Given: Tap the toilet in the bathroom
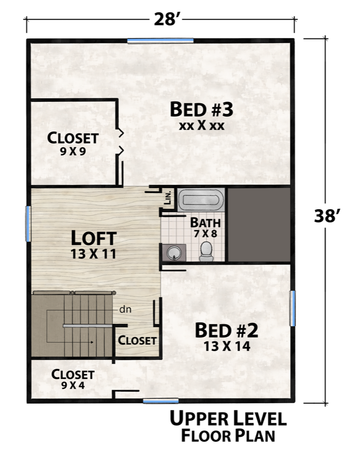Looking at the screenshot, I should pos(206,251).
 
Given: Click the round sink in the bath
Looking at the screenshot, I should pos(174,252).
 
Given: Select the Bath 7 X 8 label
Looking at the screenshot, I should pos(205,227).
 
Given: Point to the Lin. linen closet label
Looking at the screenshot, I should pos(168,198).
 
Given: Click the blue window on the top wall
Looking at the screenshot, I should pos(160,40).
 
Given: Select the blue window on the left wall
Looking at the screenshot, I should pos(28,223).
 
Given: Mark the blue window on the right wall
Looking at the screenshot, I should pos(293,308).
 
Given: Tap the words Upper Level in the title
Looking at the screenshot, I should pos(228,419).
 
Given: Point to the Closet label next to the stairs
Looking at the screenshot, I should pos(137,340).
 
